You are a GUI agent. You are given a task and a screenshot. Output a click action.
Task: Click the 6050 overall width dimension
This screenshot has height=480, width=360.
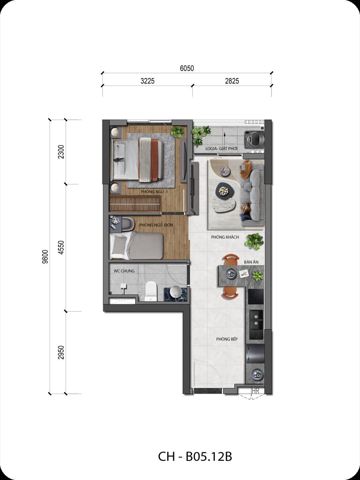187,68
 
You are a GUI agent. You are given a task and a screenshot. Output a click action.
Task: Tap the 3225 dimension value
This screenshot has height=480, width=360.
148,81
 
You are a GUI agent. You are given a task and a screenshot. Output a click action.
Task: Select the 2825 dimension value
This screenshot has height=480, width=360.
232,81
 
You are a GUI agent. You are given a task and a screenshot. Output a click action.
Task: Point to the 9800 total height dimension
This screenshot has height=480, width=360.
45,256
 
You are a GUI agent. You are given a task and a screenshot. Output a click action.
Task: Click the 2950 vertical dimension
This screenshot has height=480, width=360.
61,352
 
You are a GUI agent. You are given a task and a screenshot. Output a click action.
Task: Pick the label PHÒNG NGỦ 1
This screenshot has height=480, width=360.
154,192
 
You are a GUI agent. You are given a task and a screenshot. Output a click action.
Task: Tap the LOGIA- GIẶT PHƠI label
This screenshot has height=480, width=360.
221,149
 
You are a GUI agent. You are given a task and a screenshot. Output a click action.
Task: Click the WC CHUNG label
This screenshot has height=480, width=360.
124,271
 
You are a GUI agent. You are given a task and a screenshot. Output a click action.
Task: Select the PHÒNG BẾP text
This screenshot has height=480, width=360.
227,339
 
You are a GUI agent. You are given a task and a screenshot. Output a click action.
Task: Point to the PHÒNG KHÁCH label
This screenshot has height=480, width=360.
225,237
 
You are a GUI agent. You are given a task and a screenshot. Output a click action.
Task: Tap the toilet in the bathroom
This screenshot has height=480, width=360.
151,291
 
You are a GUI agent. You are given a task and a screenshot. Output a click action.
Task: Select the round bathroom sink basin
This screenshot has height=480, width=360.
176,292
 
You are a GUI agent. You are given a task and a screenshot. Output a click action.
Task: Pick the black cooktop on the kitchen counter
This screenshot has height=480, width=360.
256,296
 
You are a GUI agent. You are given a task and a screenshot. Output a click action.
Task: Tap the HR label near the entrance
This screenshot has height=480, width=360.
255,391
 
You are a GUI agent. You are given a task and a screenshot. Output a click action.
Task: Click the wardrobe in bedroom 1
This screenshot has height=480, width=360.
135,204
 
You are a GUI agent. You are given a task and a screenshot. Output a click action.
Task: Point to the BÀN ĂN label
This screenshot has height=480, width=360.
251,262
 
